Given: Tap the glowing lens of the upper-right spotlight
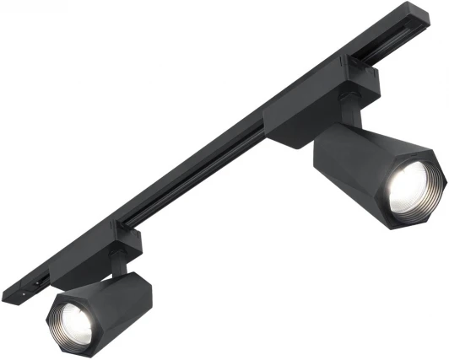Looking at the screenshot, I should [x=411, y=185].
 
